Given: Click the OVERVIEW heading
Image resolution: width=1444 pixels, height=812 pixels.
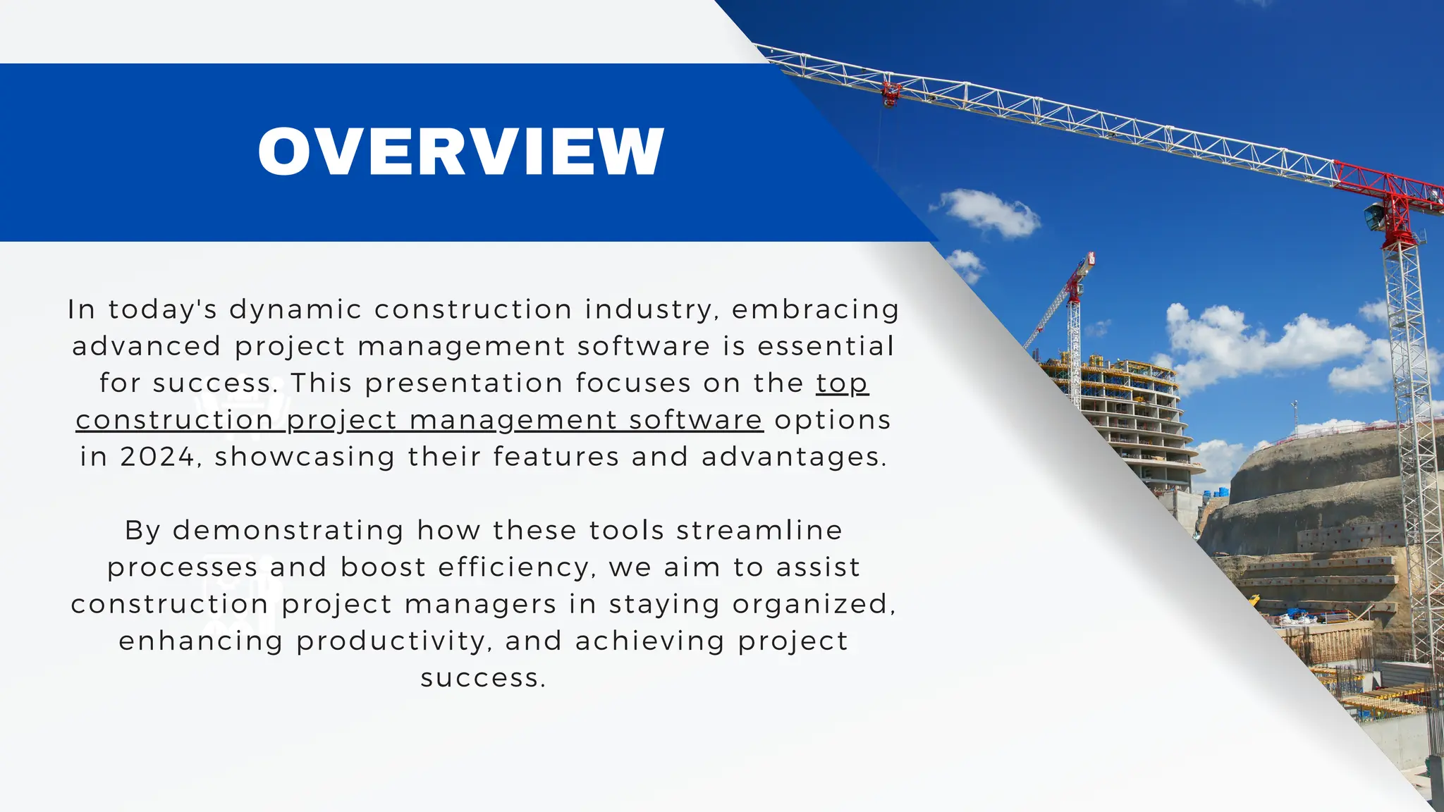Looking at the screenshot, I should click(x=461, y=152).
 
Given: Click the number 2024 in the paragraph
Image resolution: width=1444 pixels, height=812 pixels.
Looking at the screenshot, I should click(x=157, y=457).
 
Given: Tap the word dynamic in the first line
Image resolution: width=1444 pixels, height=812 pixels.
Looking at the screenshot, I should click(x=295, y=310).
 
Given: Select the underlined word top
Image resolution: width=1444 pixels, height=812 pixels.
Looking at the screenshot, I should click(x=842, y=383).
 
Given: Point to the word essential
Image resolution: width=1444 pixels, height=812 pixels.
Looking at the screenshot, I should click(x=826, y=347).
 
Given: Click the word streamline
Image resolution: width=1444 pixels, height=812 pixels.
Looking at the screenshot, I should click(x=759, y=530).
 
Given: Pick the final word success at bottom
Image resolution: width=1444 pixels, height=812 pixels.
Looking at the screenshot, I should click(x=483, y=678).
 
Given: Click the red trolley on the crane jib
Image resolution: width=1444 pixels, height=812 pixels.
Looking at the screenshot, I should click(x=891, y=92).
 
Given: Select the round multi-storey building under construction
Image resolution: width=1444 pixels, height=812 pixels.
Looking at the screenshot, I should click(x=1121, y=416).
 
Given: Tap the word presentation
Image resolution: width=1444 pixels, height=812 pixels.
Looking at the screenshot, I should click(x=463, y=383).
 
